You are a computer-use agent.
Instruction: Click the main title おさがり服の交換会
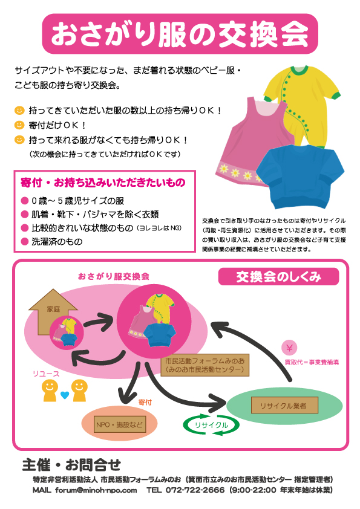[x=180, y=34]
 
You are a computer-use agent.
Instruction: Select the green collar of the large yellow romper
[x=299, y=70]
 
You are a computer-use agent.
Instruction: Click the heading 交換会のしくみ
[x=278, y=277]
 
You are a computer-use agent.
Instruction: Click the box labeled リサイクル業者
[x=284, y=405]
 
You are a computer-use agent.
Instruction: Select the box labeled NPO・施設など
[x=120, y=424]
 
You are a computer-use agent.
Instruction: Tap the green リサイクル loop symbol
[x=211, y=424]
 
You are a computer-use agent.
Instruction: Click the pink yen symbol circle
[x=289, y=348]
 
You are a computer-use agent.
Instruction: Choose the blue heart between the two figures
[x=65, y=395]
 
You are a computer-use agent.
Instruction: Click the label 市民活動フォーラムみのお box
[x=205, y=365]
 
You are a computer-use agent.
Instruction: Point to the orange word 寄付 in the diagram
[x=145, y=402]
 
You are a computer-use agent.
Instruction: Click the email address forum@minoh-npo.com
[x=96, y=490]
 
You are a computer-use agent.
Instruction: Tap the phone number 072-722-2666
[x=195, y=490]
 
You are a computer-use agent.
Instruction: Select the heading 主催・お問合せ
[x=71, y=465]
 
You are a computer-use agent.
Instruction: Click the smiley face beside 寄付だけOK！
[x=19, y=125]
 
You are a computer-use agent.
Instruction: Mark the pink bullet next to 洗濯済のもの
[x=25, y=242]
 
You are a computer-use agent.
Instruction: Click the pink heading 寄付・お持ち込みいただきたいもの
[x=103, y=183]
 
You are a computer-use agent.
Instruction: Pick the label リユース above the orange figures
[x=46, y=374]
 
